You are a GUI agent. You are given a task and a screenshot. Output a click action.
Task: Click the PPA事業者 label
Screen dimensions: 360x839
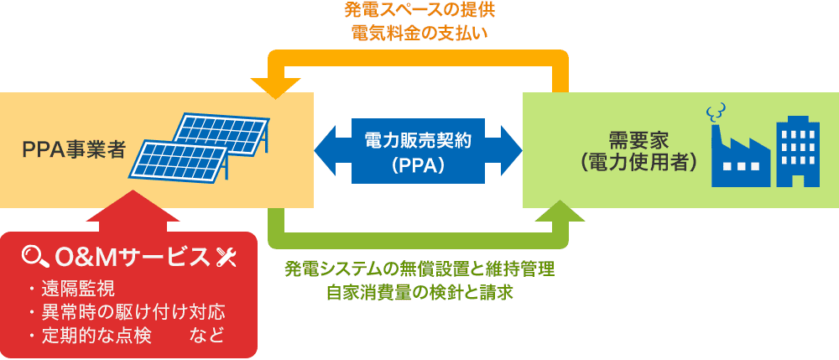[74, 150]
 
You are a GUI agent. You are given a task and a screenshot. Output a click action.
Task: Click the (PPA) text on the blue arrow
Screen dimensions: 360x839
[418, 165]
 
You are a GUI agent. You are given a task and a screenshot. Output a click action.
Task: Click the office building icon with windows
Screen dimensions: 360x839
[797, 151]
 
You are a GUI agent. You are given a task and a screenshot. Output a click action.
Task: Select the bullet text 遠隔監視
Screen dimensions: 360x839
[77, 291]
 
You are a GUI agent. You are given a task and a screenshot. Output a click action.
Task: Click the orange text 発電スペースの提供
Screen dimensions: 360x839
[416, 12]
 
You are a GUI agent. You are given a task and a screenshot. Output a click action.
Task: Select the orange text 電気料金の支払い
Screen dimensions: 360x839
[416, 34]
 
